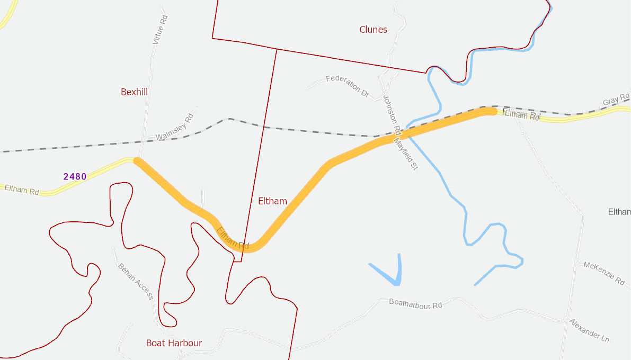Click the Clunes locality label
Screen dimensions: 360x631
point(373,30)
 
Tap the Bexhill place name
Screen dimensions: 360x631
point(134,92)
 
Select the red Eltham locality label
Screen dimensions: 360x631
point(272,201)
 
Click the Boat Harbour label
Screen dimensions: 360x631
point(174,343)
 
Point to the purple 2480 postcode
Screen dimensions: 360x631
point(75,176)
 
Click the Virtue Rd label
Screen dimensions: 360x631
point(159,29)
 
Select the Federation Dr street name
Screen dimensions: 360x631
point(348,85)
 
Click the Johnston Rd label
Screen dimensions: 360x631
point(392,113)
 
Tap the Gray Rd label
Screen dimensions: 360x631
point(614,101)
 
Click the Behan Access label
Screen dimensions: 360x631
point(135,282)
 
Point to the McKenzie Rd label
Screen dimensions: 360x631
point(604,272)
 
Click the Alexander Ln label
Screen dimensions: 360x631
point(589,329)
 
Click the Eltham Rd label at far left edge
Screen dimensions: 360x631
point(21,190)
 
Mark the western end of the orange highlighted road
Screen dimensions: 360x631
point(137,161)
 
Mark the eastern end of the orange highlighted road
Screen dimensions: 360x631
point(493,111)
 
